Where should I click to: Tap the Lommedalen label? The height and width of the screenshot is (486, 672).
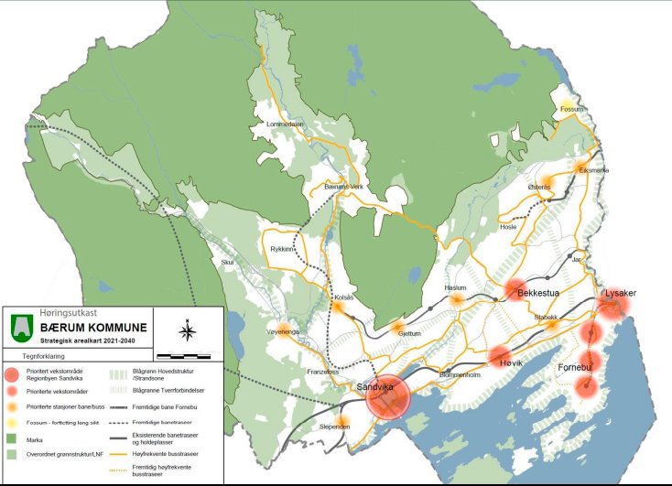coord(284,124)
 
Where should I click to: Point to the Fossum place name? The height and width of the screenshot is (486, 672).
coord(571,110)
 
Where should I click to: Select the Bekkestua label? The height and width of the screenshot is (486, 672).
coord(537,294)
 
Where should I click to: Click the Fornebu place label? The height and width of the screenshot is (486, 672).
coord(576,368)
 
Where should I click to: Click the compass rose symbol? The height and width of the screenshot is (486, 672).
coord(187,330)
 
